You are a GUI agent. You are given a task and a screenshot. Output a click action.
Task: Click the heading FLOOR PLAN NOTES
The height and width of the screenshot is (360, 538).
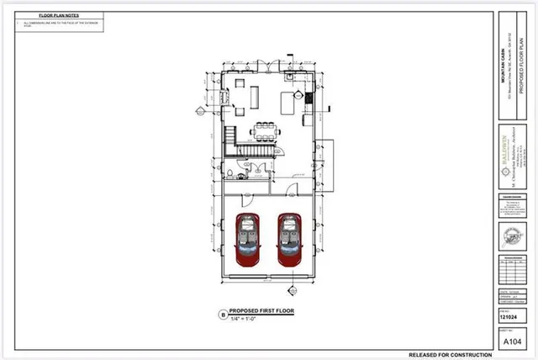click(57, 15)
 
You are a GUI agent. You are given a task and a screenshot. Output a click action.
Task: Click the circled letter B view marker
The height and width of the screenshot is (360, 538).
click(223, 315)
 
